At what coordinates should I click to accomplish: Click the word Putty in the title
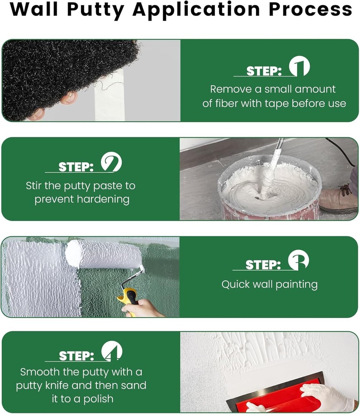click(96, 10)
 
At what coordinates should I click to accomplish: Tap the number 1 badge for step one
click(299, 66)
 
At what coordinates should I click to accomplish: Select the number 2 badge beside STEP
click(111, 162)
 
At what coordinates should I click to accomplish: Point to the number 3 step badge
click(298, 260)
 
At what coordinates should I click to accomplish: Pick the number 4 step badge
click(112, 351)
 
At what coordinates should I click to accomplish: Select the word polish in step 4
click(98, 399)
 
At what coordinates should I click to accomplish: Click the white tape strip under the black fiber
click(109, 98)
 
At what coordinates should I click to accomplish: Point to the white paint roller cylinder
click(103, 254)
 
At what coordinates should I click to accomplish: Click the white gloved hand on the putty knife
click(327, 398)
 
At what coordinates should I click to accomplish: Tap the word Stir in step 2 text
click(34, 186)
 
